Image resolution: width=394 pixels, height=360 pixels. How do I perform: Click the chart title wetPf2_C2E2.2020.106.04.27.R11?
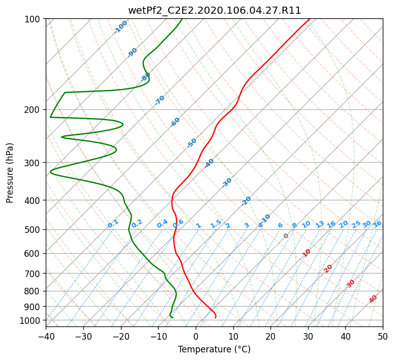point(215,11)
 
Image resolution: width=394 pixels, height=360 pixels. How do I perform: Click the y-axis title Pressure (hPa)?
point(9,173)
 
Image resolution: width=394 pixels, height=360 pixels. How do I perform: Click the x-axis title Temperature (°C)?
point(215,349)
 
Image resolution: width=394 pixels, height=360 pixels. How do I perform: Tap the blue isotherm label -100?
point(120,27)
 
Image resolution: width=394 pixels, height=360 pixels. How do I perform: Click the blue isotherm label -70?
point(160,100)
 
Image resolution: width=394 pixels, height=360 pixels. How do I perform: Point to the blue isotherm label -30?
point(227,183)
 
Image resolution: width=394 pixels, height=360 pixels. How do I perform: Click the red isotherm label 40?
point(373,299)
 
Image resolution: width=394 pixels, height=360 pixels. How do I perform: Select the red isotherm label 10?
point(307,253)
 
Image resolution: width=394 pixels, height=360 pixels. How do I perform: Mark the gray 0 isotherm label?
point(286,236)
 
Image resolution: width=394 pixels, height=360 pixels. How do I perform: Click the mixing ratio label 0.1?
point(113,224)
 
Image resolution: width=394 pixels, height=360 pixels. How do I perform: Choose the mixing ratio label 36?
point(377,224)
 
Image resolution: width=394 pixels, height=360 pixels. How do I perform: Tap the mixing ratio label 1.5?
point(216,224)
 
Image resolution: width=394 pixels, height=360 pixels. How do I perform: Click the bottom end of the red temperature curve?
point(216,318)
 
